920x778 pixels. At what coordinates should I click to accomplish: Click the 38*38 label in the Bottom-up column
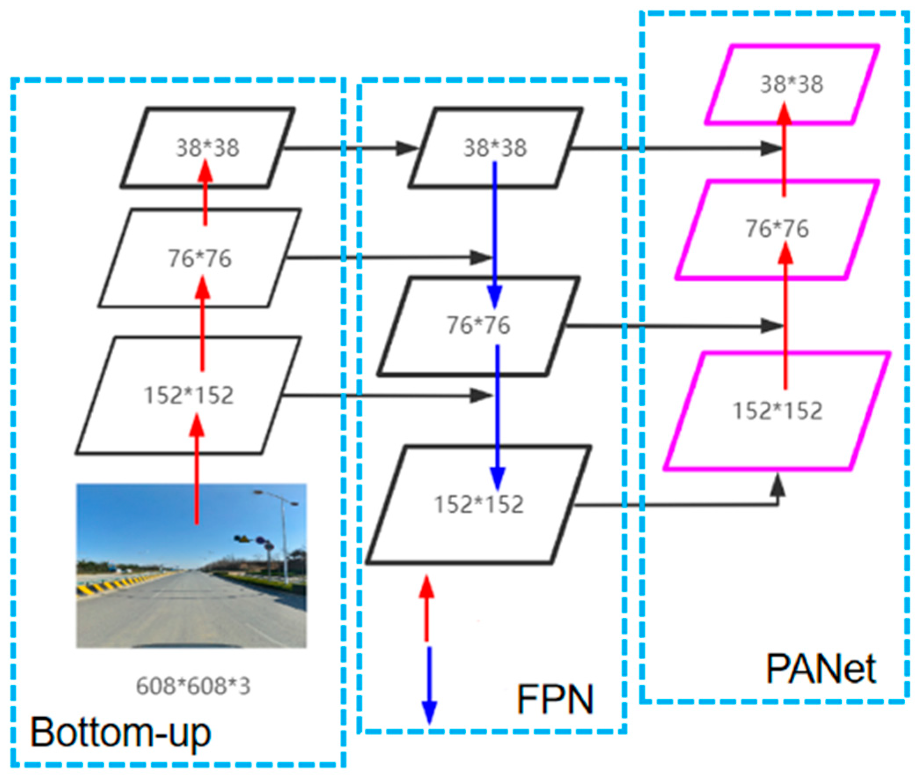tap(208, 148)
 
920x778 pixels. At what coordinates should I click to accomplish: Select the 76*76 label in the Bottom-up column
tap(200, 258)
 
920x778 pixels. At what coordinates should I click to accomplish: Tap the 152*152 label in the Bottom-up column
tap(189, 395)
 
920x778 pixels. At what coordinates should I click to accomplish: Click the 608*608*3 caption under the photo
tap(193, 686)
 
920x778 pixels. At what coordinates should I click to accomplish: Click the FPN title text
tap(555, 699)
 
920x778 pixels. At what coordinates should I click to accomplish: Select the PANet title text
tap(821, 668)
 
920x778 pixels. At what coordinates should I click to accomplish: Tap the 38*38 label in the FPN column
tap(495, 148)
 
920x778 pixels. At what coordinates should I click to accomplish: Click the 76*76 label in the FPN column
tap(478, 325)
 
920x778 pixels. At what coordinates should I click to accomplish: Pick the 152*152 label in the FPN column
tap(479, 504)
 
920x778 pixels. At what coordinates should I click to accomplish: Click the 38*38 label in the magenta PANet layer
tap(791, 84)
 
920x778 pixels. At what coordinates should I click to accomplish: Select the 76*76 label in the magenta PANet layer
tap(777, 228)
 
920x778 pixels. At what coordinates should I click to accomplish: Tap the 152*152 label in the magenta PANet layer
tap(777, 411)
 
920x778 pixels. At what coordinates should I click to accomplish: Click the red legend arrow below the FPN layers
tap(426, 609)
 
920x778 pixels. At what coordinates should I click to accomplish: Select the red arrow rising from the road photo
tap(197, 476)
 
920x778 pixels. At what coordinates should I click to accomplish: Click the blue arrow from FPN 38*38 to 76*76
tap(495, 234)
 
